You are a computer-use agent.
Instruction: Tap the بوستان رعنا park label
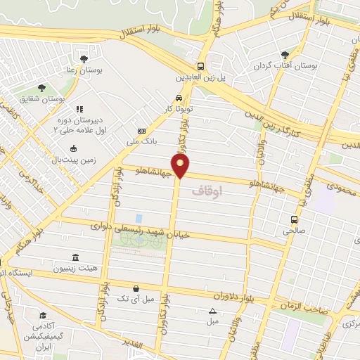pyautogui.click(x=84, y=70)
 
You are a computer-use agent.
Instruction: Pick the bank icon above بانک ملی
pyautogui.click(x=142, y=131)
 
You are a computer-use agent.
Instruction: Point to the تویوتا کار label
pyautogui.click(x=179, y=110)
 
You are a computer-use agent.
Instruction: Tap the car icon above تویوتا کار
pyautogui.click(x=179, y=98)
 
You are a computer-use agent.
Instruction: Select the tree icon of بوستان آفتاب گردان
pyautogui.click(x=284, y=55)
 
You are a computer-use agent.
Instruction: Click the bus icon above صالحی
pyautogui.click(x=295, y=219)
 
